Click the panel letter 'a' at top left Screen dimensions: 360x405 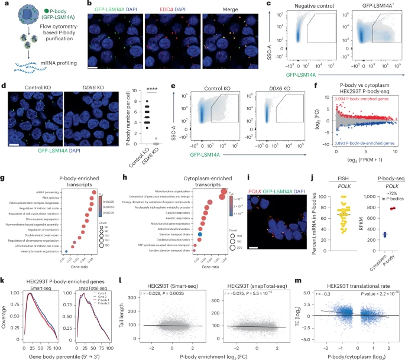click(x=5, y=5)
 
